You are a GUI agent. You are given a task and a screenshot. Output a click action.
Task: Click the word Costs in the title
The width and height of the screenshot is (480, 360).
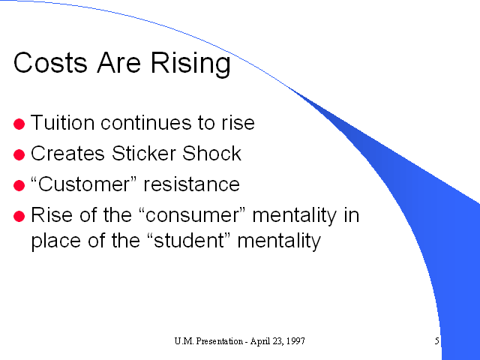50,62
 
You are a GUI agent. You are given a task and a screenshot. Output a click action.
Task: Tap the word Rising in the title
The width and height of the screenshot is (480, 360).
190,64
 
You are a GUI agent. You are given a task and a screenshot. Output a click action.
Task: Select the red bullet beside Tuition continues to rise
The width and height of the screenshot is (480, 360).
19,124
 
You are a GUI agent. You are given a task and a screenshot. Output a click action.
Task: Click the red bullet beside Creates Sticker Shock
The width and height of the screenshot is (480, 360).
19,154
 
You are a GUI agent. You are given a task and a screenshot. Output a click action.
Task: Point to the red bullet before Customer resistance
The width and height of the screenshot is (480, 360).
19,185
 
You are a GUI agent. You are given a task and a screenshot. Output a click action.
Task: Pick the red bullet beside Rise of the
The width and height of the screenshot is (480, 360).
19,216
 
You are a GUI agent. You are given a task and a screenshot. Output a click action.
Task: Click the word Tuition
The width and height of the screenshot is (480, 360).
63,122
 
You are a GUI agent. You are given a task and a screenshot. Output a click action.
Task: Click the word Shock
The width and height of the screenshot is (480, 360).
211,153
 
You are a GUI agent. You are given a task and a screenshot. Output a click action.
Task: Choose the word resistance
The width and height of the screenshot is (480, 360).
192,184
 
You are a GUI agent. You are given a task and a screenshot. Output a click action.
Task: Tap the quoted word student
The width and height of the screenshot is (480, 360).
190,240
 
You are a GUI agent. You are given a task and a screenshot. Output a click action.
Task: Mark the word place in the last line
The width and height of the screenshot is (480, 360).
56,241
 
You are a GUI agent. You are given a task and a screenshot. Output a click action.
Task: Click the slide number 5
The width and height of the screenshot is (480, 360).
436,340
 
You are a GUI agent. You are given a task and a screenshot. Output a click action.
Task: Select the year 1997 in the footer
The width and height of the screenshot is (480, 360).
297,340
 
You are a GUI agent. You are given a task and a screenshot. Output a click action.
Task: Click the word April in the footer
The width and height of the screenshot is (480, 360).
257,341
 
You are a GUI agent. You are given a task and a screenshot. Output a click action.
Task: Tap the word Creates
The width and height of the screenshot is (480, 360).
67,153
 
